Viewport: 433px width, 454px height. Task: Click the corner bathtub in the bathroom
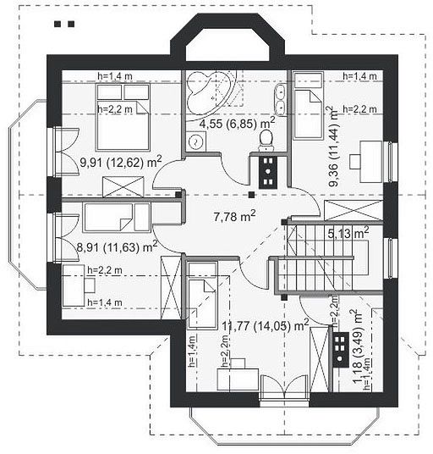pos(209,91)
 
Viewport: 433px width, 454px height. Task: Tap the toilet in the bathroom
pos(266,141)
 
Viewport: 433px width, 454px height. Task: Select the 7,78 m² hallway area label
pos(234,216)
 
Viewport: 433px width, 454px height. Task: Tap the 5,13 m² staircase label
pos(348,232)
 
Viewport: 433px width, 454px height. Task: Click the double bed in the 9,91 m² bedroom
pos(123,117)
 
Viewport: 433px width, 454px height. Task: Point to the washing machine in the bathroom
pos(195,142)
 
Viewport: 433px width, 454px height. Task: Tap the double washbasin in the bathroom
pos(280,99)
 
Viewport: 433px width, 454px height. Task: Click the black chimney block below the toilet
pos(268,172)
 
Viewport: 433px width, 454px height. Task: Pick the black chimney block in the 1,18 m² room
pos(341,349)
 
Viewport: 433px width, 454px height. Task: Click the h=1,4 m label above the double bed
pos(115,76)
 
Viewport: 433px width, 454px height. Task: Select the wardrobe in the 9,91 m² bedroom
pos(123,186)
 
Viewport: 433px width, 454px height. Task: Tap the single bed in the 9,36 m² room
pos(308,106)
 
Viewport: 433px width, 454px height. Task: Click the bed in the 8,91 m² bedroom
pos(117,218)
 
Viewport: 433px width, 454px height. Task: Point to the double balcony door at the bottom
pos(284,388)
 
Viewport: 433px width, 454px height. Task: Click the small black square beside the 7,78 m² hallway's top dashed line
pos(252,195)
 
